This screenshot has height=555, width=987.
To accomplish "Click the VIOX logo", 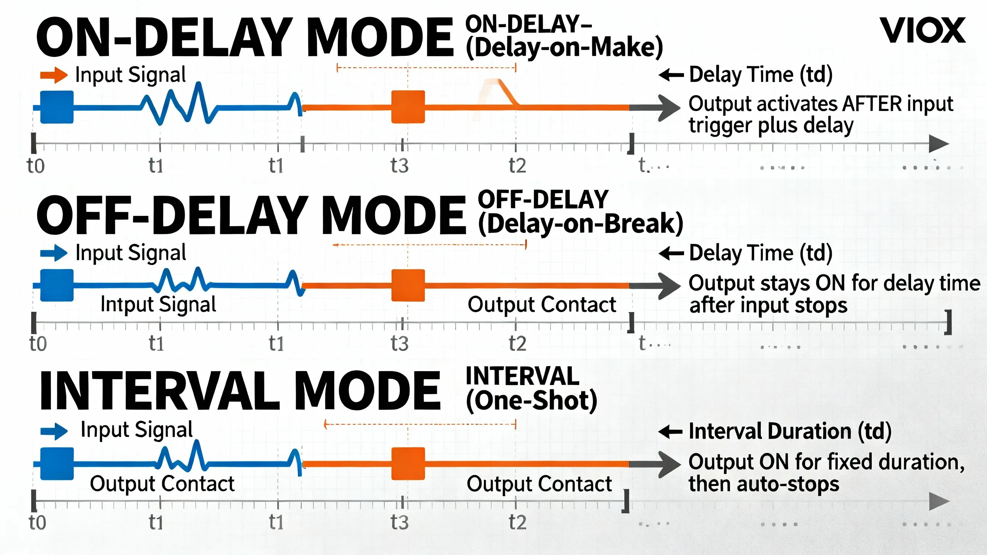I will point(922,30).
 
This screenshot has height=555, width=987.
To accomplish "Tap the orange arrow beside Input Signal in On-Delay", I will point(54,75).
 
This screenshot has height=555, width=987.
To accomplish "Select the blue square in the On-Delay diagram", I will point(57,107).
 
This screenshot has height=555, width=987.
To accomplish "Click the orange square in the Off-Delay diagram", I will point(408,286).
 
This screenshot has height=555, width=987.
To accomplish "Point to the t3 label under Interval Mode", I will point(399,522).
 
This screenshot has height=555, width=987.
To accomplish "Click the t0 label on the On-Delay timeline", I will point(35,166).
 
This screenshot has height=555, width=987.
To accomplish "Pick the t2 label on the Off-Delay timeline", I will point(517,343).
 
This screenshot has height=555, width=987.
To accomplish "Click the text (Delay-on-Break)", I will point(580,224).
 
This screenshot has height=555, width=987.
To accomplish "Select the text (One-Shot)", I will point(531,401).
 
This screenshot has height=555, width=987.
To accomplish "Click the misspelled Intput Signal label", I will point(158,304).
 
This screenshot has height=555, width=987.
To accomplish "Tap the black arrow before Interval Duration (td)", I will point(671,432).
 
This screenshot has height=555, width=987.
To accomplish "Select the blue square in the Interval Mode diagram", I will point(57,464).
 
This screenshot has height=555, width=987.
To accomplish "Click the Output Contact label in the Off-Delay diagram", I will point(542,305).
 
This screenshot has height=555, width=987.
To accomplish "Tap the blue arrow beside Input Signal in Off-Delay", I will point(54,253).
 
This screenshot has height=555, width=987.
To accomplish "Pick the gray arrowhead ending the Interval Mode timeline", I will point(939,501).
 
